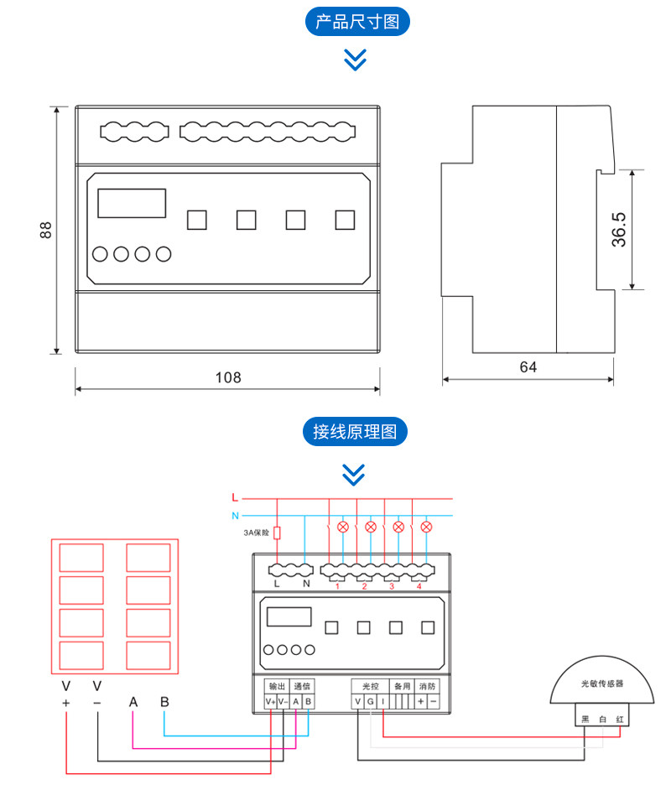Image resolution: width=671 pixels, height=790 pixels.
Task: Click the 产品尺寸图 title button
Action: click(x=356, y=22)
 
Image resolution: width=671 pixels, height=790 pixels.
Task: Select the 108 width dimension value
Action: click(x=227, y=377)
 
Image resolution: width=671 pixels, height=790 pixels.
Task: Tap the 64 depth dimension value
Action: click(x=528, y=367)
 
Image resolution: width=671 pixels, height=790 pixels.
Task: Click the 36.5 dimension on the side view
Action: click(x=618, y=229)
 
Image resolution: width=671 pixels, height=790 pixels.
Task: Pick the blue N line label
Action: click(x=235, y=515)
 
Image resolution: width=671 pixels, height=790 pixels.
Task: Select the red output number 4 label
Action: click(x=419, y=586)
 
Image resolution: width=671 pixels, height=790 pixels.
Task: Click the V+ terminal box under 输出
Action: click(x=270, y=702)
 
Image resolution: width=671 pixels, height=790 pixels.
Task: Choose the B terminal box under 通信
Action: click(x=309, y=702)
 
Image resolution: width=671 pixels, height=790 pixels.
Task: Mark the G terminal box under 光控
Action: click(x=370, y=702)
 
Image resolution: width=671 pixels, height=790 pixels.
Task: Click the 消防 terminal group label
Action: click(x=428, y=686)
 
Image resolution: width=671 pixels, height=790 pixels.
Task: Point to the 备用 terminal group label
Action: click(x=402, y=686)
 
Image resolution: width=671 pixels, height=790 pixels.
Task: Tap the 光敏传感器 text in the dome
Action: click(x=602, y=684)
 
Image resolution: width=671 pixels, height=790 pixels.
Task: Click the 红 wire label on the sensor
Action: click(x=620, y=720)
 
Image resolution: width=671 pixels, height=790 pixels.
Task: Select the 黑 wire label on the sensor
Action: click(x=585, y=720)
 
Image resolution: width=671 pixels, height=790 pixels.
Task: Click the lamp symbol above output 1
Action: click(x=342, y=527)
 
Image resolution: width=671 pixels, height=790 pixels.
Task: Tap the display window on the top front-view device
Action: click(x=132, y=204)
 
